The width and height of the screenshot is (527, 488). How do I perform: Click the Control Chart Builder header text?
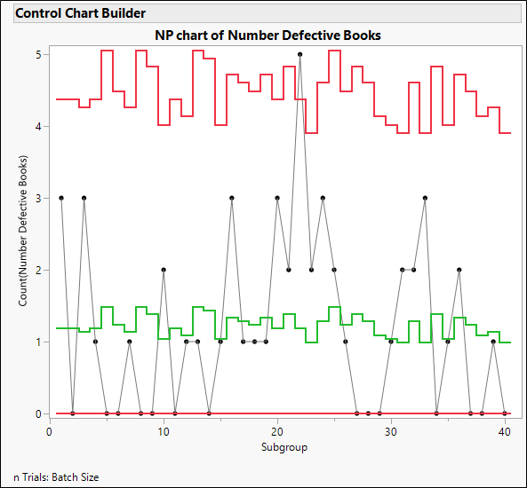pos(81,13)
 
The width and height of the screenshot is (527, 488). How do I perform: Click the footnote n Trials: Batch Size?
pos(56,477)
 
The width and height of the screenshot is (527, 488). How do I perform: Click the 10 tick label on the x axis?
pos(164,430)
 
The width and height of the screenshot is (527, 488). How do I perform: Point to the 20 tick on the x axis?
pos(277,430)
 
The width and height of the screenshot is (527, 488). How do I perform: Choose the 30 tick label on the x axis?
pos(391,430)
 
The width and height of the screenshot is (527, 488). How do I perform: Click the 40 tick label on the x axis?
pos(505,430)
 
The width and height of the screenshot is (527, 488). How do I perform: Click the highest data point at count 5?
pos(300,54)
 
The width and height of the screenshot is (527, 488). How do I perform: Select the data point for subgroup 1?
pos(61,198)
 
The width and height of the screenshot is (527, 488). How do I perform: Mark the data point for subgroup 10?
pos(164,270)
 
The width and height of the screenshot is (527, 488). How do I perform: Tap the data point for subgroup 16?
pos(232,198)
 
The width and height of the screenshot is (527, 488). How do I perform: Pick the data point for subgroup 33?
pos(425,198)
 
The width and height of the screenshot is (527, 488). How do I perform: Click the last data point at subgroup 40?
pos(505,413)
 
